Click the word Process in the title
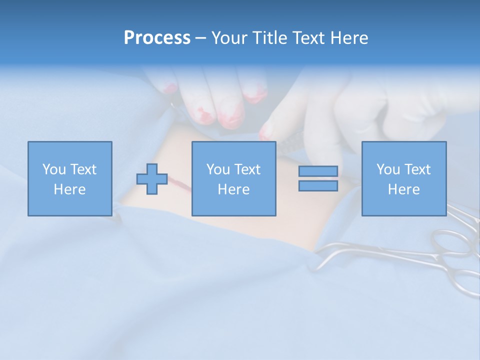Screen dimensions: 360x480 click(x=157, y=38)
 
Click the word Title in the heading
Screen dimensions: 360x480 click(x=270, y=38)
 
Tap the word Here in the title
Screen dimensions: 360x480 click(x=349, y=38)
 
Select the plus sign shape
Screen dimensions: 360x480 click(x=152, y=179)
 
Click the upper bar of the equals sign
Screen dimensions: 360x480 click(x=318, y=171)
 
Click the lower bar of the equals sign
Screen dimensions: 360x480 click(x=318, y=186)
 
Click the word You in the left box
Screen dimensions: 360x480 click(x=54, y=169)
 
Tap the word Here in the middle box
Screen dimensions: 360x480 click(x=233, y=189)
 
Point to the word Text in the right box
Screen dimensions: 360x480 click(x=417, y=169)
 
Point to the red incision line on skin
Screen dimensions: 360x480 click(x=181, y=183)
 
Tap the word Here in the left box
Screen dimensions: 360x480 click(x=69, y=189)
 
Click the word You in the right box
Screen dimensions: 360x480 click(x=388, y=169)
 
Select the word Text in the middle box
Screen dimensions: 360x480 click(x=247, y=169)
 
